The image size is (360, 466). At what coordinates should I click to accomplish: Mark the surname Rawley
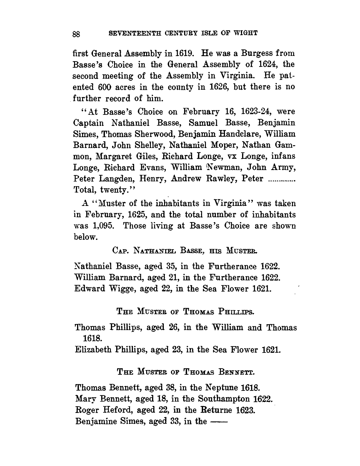point(222,179)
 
